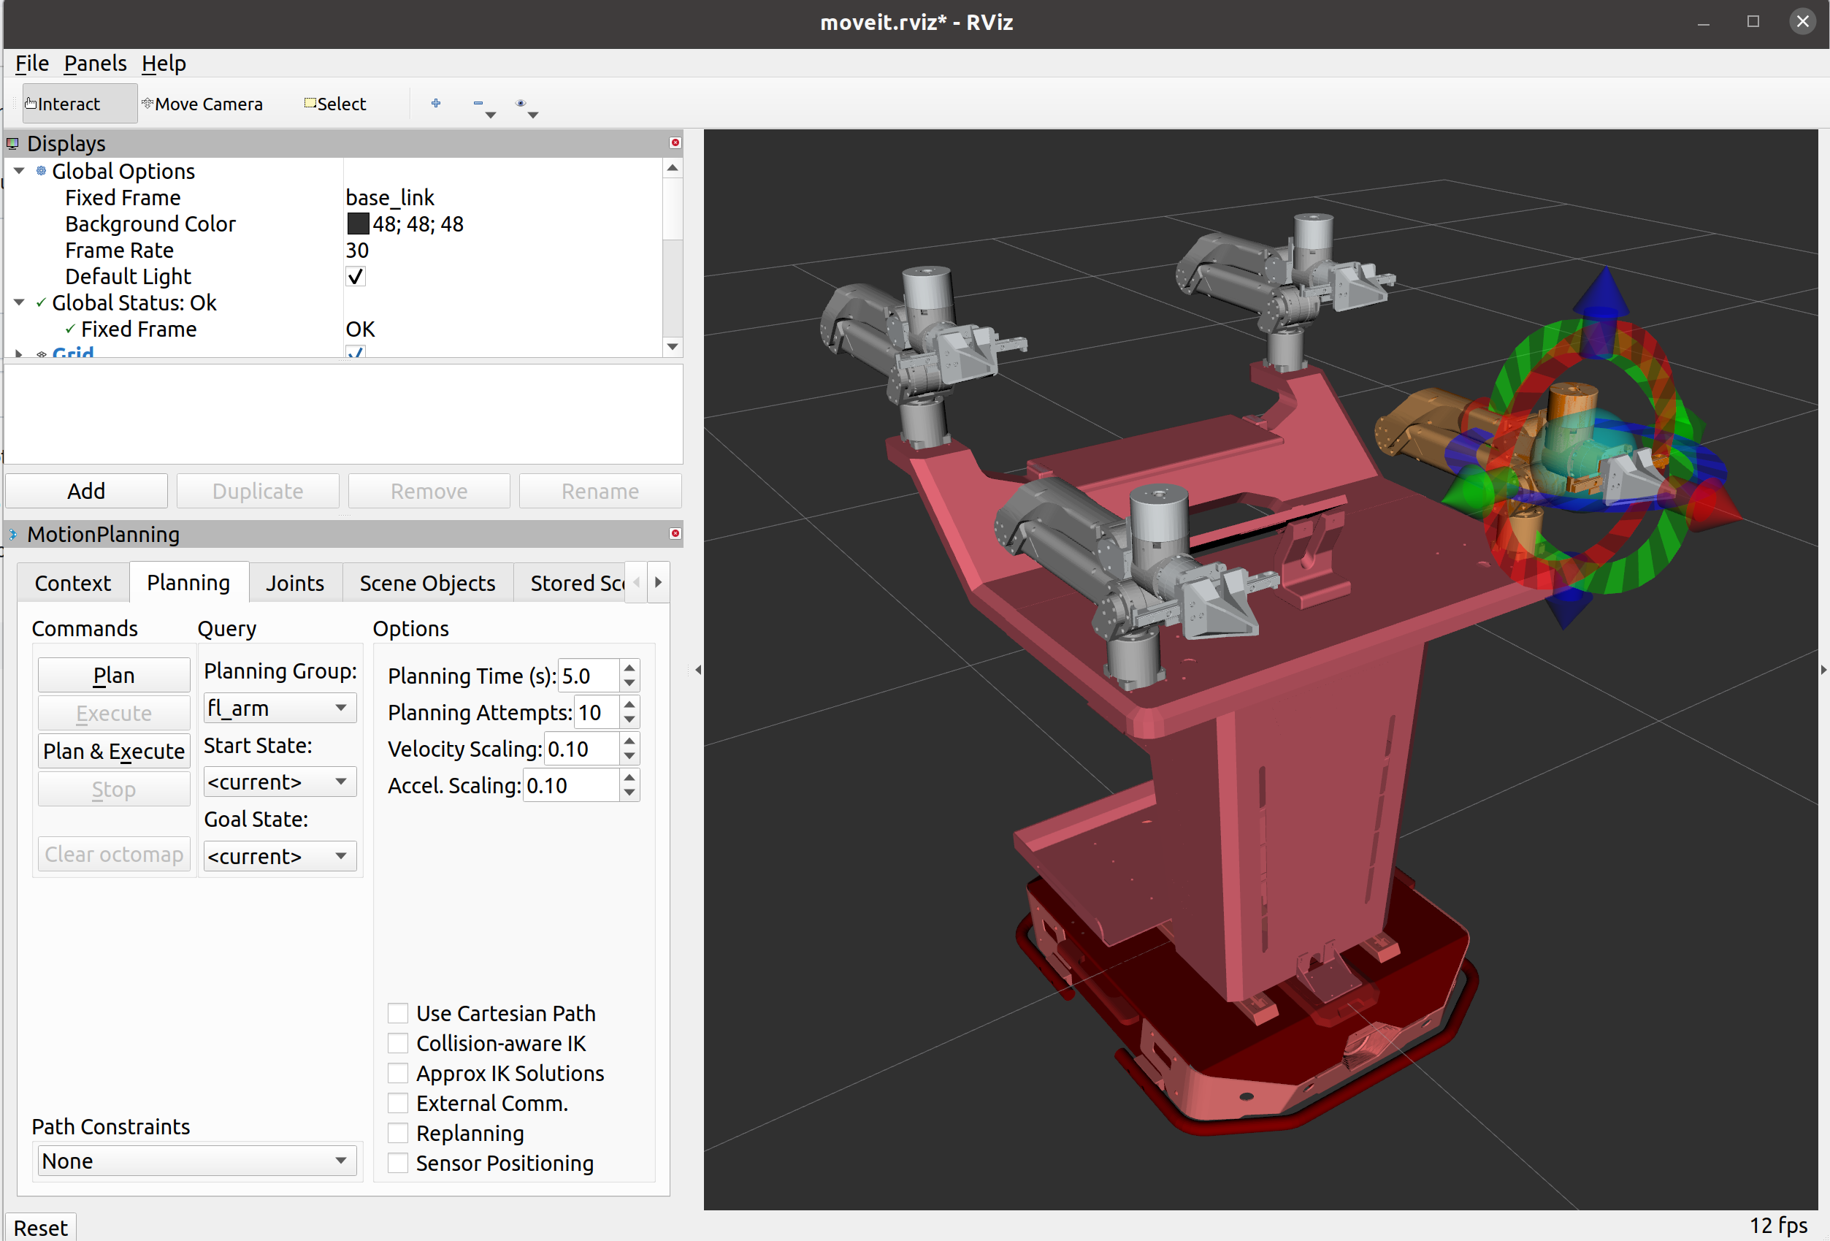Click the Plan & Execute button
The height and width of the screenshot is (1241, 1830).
tap(114, 750)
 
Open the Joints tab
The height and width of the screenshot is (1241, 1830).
tap(294, 583)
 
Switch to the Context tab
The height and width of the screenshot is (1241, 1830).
tap(73, 583)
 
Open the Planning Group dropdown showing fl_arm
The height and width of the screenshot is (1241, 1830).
tap(280, 708)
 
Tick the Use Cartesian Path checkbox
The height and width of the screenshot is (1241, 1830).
tap(399, 1012)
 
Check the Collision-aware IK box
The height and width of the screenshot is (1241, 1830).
tap(399, 1042)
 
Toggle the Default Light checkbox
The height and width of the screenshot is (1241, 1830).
tap(356, 276)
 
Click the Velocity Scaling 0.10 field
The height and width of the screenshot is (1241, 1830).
tap(581, 749)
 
